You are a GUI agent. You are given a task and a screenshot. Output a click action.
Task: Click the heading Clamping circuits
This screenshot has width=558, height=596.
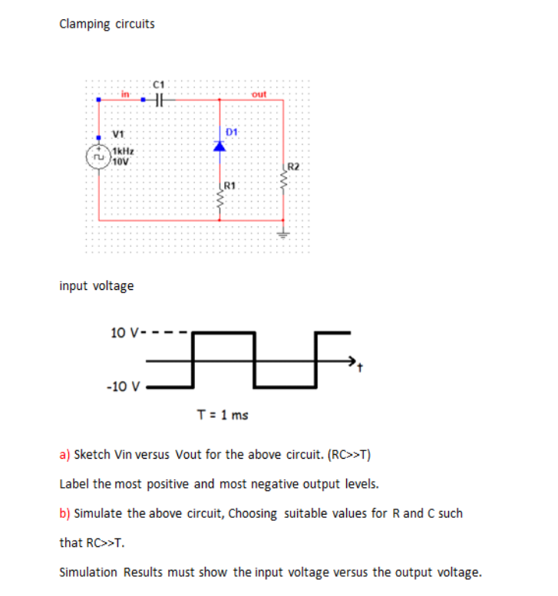107,24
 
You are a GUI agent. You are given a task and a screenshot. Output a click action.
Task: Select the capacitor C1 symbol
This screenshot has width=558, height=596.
159,98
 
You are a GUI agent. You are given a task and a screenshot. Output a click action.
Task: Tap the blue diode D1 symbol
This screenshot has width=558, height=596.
219,146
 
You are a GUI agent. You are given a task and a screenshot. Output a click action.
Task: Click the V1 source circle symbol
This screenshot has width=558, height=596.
98,156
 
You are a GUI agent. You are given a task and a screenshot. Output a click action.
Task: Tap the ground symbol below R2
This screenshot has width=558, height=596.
283,234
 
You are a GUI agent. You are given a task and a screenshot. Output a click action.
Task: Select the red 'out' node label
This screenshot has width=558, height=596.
259,94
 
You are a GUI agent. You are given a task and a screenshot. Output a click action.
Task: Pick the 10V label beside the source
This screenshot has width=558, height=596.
121,161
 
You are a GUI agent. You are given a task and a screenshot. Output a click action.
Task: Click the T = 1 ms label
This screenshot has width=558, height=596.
223,415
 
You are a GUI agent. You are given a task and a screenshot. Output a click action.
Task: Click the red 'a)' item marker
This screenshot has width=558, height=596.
64,454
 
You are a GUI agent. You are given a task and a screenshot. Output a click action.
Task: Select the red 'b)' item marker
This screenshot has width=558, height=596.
64,513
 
